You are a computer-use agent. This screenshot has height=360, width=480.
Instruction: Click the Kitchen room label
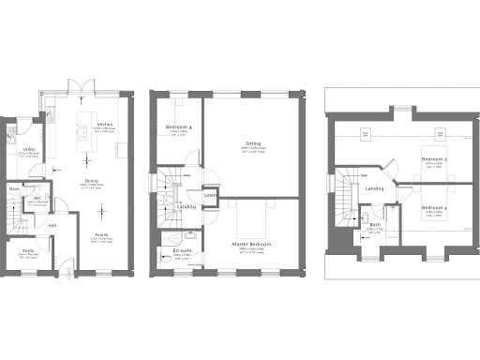coord(105,124)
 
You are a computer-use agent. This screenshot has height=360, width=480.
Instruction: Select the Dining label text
coord(91,181)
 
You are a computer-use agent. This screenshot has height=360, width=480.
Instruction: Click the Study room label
coord(18,250)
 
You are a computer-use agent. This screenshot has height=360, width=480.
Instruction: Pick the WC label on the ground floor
coord(38,199)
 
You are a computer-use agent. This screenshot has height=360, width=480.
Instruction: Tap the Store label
coord(16,189)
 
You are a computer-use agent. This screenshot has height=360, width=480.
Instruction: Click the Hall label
coord(53,225)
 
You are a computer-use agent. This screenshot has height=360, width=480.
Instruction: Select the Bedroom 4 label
coord(179,127)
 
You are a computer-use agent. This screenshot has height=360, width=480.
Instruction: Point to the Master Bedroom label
coord(252,246)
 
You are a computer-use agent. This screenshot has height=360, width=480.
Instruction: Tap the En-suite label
coord(182,250)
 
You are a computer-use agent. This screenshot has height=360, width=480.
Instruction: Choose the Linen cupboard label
coord(211,195)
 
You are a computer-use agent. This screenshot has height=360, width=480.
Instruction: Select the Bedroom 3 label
coord(432,207)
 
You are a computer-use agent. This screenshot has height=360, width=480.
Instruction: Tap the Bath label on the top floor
coord(375,225)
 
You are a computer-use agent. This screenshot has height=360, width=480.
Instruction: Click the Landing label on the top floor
coord(375,189)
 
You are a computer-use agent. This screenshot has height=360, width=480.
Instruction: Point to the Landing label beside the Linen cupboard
coord(187,206)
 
